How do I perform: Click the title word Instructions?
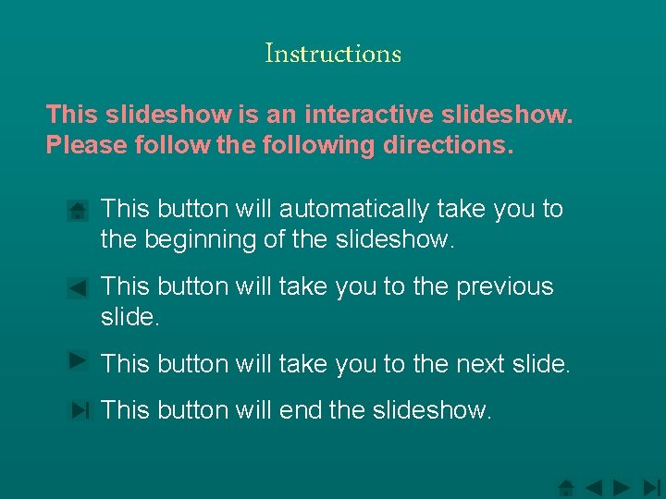(x=333, y=54)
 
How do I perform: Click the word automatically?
(x=354, y=210)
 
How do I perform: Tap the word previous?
(x=504, y=286)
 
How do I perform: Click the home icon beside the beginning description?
(x=79, y=211)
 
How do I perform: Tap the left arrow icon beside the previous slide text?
(x=79, y=288)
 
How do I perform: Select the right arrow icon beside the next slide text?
(x=79, y=360)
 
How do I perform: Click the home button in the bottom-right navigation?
(x=567, y=487)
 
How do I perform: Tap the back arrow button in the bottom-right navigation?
(x=594, y=487)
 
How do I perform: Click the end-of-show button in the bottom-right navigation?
(x=651, y=487)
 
